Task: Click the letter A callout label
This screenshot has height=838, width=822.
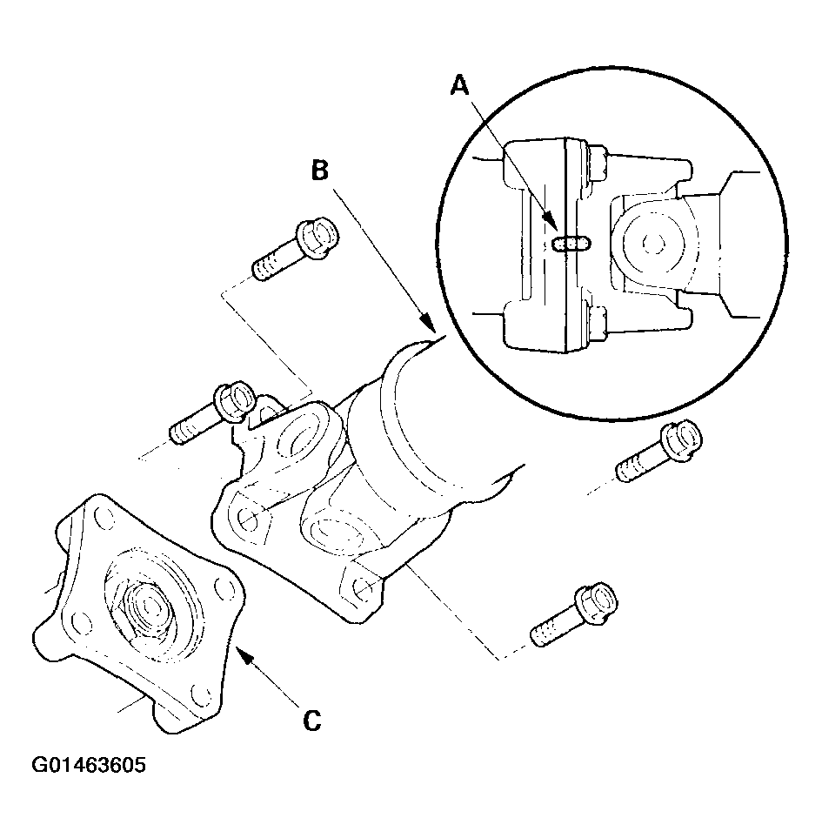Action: tap(459, 85)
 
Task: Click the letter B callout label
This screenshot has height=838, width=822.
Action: tap(320, 171)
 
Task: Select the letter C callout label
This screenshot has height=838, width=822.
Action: tap(312, 721)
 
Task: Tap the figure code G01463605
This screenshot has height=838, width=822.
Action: tap(88, 765)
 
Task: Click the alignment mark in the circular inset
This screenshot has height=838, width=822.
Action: tap(571, 243)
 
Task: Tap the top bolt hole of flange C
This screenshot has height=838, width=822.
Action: tap(105, 518)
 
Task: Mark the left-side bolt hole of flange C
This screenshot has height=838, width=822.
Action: tap(78, 621)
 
